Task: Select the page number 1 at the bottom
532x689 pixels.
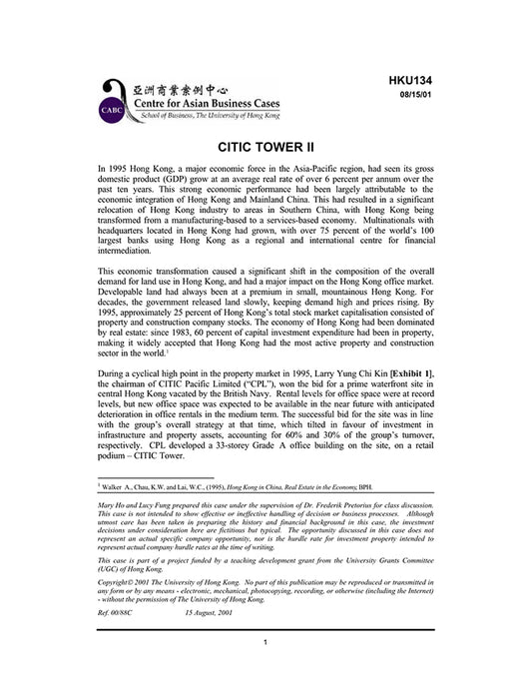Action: pos(266,670)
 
